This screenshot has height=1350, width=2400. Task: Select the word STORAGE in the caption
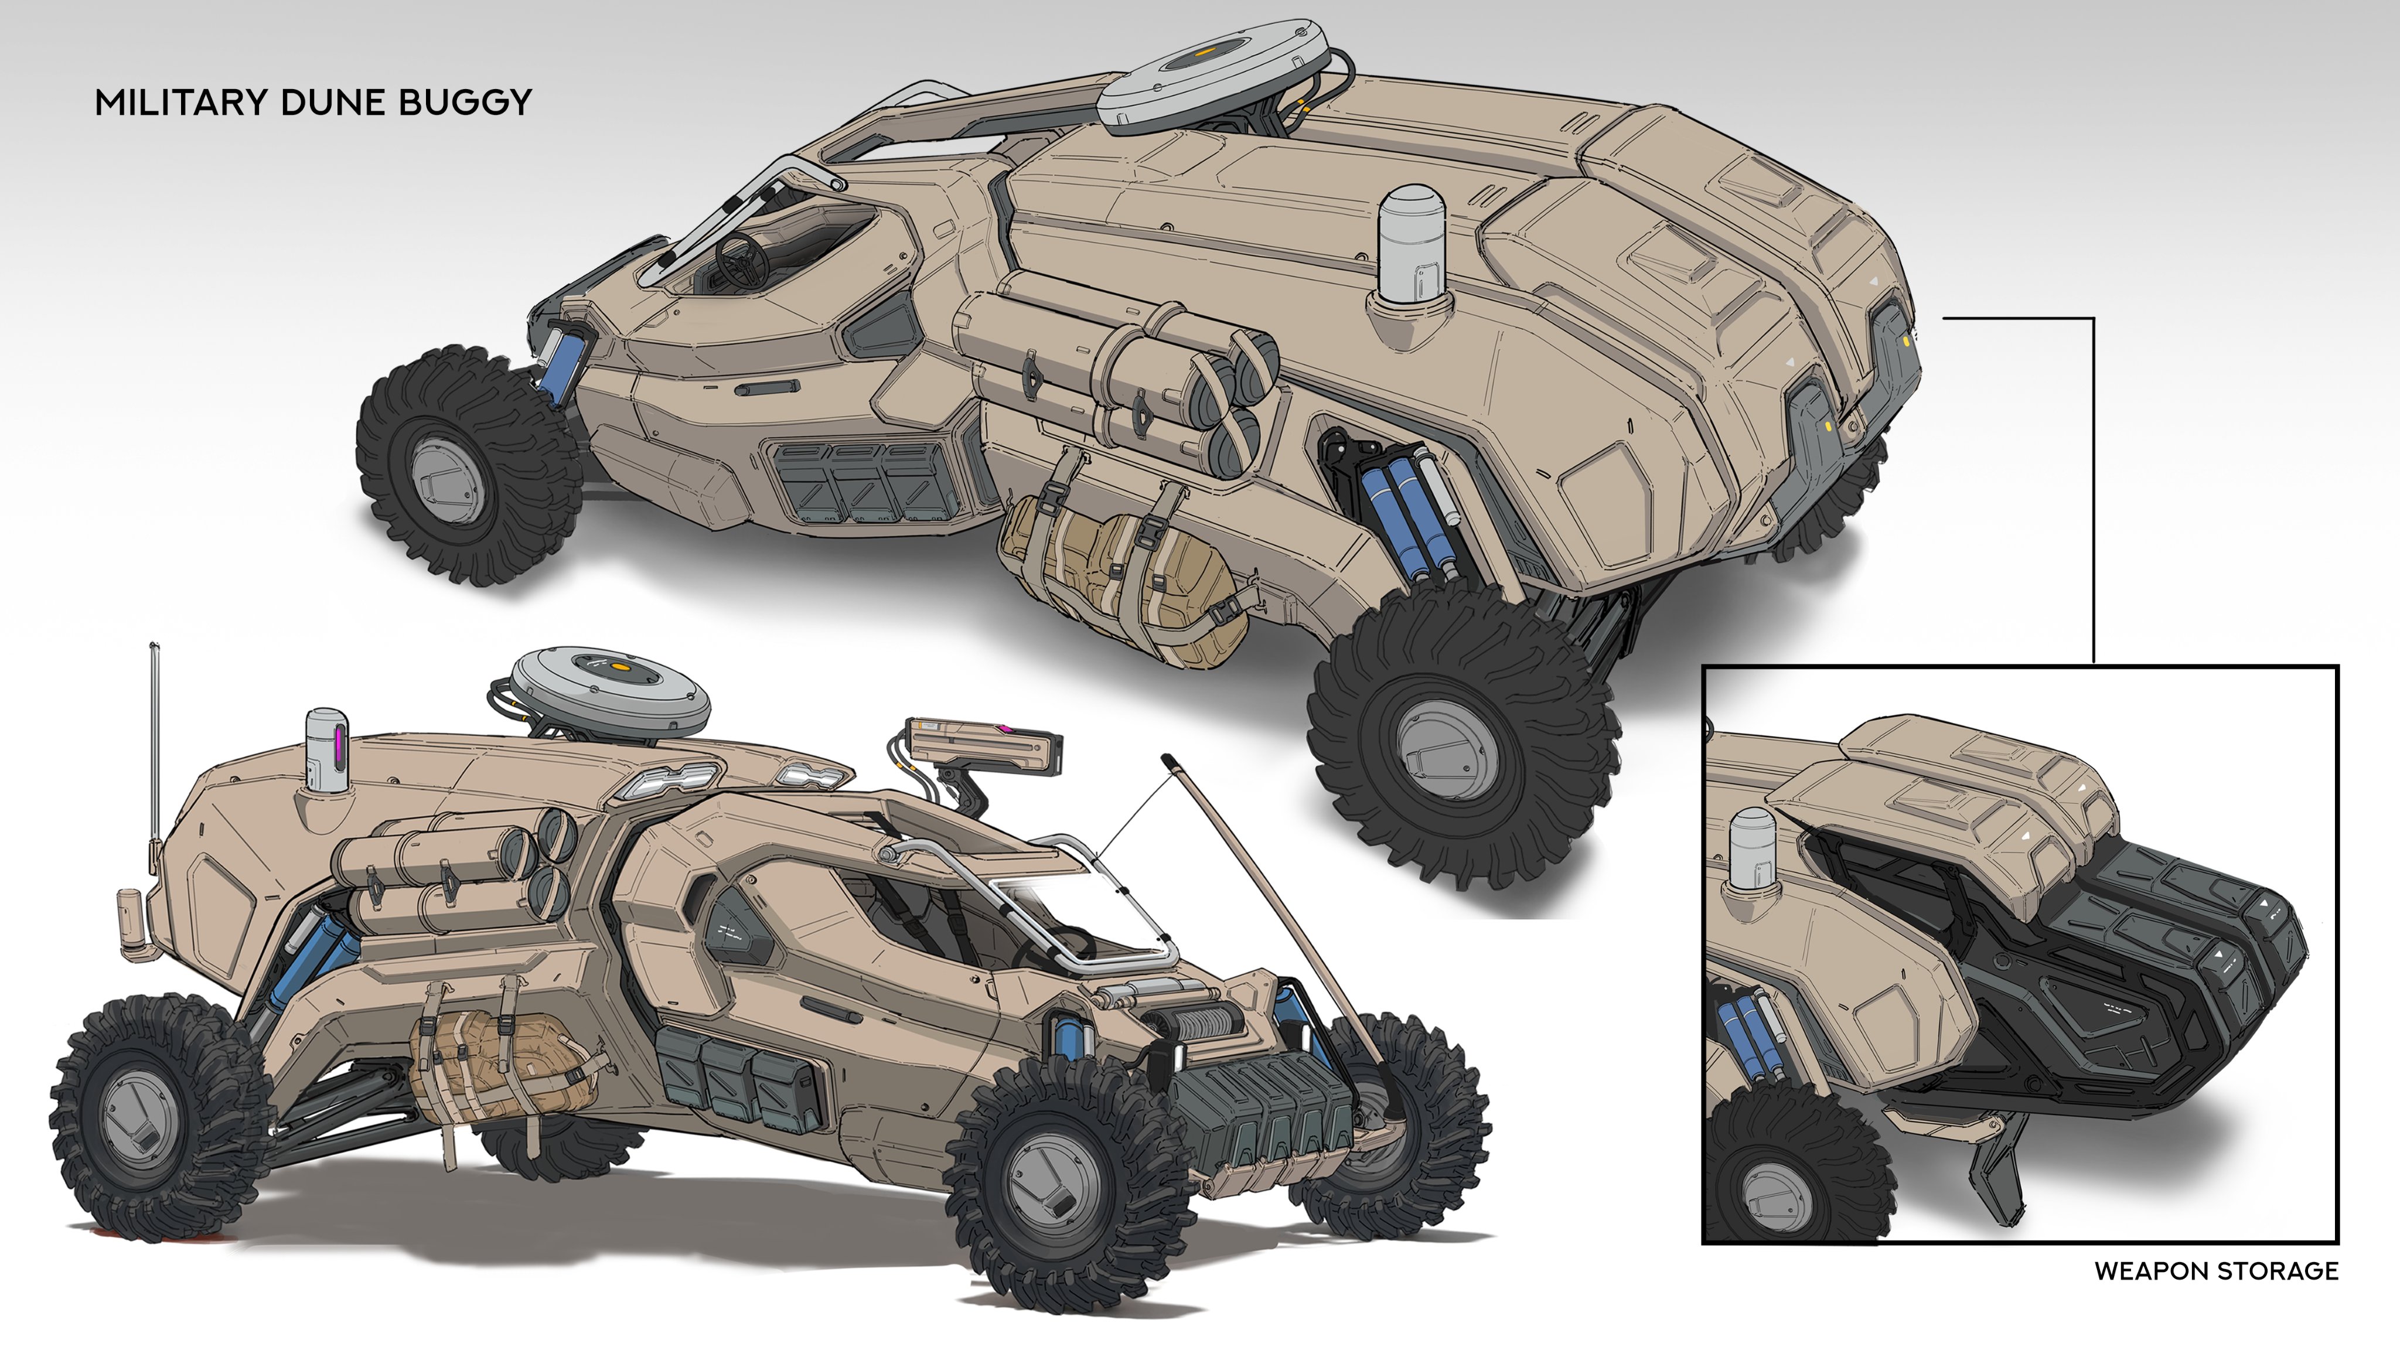[2278, 1271]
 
